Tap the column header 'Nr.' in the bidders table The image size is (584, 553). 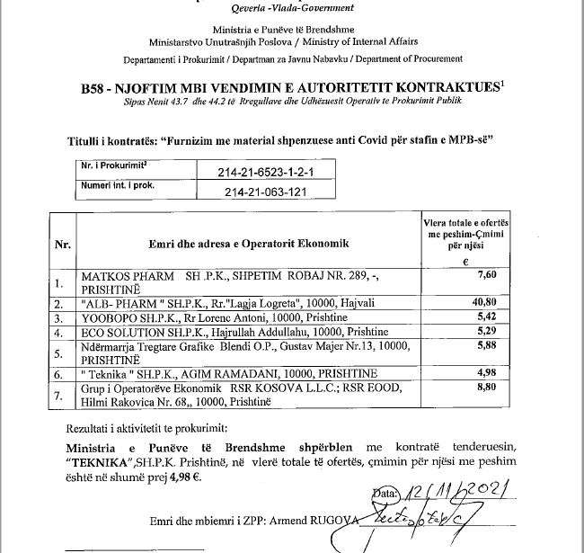(63, 244)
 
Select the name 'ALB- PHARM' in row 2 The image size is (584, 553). (114, 304)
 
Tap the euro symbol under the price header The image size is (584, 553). (465, 261)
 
